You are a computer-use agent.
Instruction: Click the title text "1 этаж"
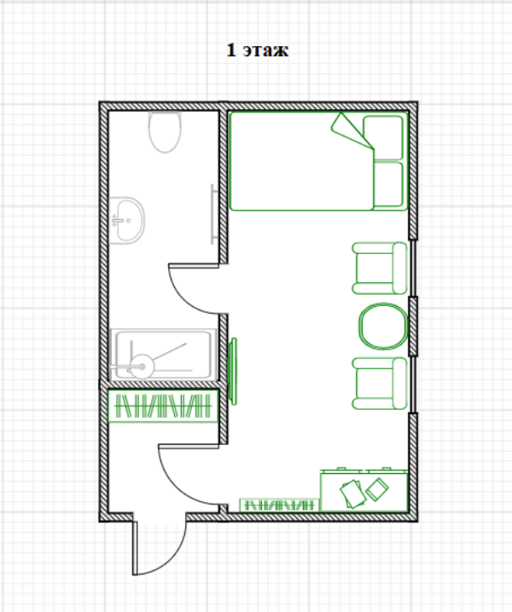coord(258,50)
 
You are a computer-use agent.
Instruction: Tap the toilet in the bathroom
coord(165,131)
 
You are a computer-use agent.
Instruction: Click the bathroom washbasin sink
coord(126,220)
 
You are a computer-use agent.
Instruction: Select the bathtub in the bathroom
coord(163,355)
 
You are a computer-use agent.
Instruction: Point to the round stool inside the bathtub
coord(142,367)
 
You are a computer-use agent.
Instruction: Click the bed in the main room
coord(318,161)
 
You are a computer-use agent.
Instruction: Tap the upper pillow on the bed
coord(383,137)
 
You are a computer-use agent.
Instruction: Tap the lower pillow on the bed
coord(388,184)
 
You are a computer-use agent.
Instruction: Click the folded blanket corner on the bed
coord(352,130)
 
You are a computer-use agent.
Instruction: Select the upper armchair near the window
coord(380,268)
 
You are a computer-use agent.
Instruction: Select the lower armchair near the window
coord(380,384)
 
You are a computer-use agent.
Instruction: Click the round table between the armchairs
coord(383,326)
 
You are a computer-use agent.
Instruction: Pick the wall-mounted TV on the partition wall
coord(232,371)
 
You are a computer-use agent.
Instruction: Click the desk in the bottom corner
coord(364,490)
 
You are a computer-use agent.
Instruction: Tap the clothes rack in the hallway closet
coord(163,406)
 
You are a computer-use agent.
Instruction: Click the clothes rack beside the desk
coord(279,505)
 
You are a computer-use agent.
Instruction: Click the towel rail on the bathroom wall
coord(212,214)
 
